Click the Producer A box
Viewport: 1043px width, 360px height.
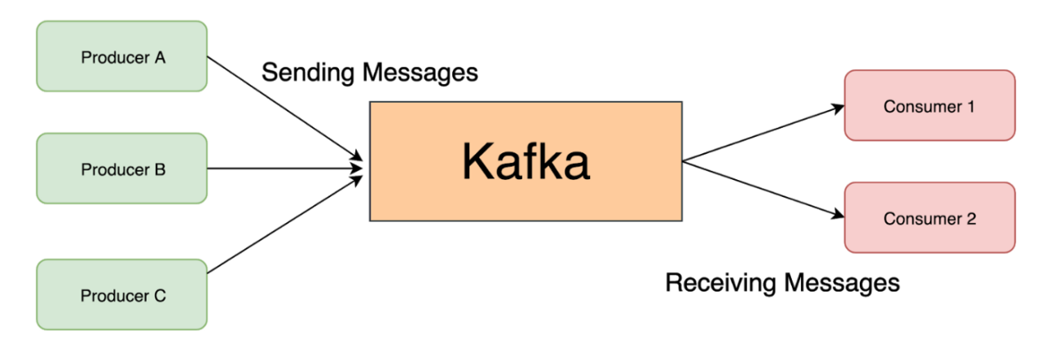[x=122, y=56]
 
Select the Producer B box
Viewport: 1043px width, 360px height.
[x=122, y=169]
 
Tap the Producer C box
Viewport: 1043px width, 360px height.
[x=122, y=294]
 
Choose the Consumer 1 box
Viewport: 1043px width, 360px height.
[x=929, y=106]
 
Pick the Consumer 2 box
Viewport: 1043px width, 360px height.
[x=929, y=217]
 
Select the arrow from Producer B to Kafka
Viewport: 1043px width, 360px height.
[x=285, y=169]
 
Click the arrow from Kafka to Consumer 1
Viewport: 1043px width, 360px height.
[x=762, y=134]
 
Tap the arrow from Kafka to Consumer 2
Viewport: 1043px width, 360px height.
[x=762, y=189]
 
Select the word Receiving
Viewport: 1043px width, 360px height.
[x=721, y=283]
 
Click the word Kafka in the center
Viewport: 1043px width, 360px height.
[x=526, y=161]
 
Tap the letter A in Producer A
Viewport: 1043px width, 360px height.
[x=161, y=57]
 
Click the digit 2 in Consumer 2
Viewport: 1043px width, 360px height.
[x=970, y=218]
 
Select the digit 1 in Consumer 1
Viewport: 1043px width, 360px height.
[x=970, y=107]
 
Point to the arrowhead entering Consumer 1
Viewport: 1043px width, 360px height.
[x=838, y=108]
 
